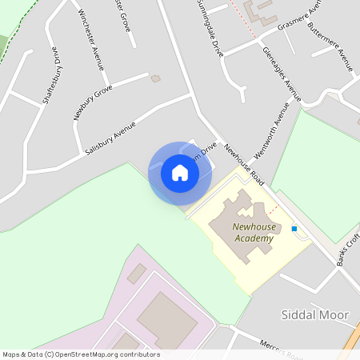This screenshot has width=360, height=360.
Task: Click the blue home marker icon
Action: pyautogui.click(x=180, y=173)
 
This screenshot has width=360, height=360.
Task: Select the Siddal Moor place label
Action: pyautogui.click(x=315, y=315)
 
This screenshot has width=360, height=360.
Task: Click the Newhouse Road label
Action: pyautogui.click(x=243, y=164)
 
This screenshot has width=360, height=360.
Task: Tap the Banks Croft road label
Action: pyautogui.click(x=348, y=251)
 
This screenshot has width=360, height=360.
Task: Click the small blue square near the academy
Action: pyautogui.click(x=294, y=229)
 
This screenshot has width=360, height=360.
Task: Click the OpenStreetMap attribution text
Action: pyautogui.click(x=81, y=354)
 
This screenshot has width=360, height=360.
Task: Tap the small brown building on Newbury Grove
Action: pyautogui.click(x=155, y=78)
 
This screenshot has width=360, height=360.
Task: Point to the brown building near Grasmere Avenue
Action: pyautogui.click(x=258, y=11)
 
